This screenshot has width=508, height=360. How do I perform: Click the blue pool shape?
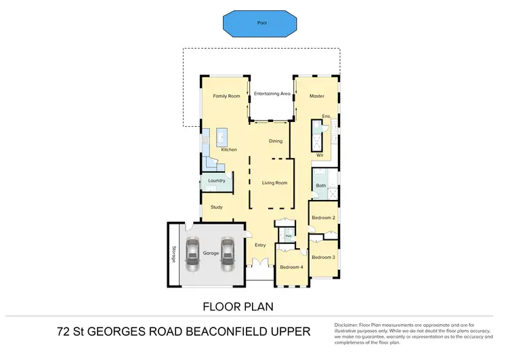pyautogui.click(x=261, y=23)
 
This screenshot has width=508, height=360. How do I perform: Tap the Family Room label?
pyautogui.click(x=226, y=96)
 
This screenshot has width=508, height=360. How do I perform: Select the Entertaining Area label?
pyautogui.click(x=272, y=94)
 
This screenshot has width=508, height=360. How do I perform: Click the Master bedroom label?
pyautogui.click(x=317, y=96)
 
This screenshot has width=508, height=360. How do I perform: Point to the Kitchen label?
pyautogui.click(x=229, y=149)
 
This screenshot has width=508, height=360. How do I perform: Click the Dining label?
pyautogui.click(x=275, y=141)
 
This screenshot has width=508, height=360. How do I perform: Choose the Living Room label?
pyautogui.click(x=275, y=182)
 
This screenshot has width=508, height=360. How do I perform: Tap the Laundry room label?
pyautogui.click(x=217, y=180)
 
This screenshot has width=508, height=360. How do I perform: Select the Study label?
pyautogui.click(x=217, y=207)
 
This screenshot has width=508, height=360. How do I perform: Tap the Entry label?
pyautogui.click(x=261, y=245)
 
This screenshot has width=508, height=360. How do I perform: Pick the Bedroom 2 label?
pyautogui.click(x=323, y=218)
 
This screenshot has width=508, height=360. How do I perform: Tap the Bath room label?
pyautogui.click(x=320, y=185)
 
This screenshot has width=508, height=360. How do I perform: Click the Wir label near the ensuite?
pyautogui.click(x=320, y=155)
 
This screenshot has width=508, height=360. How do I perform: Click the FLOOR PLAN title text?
pyautogui.click(x=238, y=306)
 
